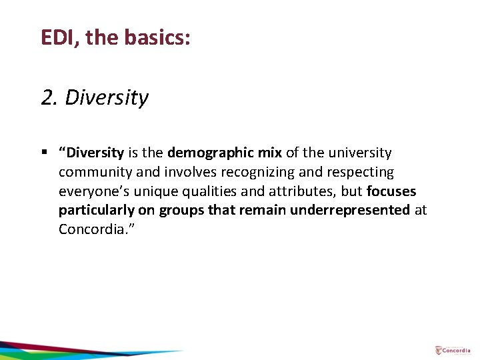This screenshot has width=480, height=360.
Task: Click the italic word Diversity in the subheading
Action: coord(107,98)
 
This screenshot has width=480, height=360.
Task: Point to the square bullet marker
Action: coord(44,153)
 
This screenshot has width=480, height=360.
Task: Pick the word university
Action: coord(359,153)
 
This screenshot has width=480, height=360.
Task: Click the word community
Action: coord(95,172)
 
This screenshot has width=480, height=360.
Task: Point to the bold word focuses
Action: coord(391,191)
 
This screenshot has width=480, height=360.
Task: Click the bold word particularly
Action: coord(97,210)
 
